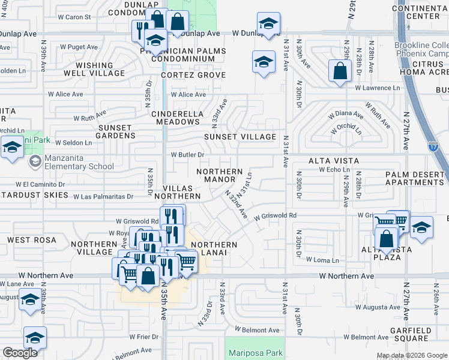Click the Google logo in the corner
click(x=20, y=353)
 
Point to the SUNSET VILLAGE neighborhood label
click(x=240, y=137)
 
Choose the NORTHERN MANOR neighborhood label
click(x=220, y=175)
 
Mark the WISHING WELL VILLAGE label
click(x=95, y=69)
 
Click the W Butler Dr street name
click(x=188, y=154)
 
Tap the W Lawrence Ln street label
click(x=376, y=88)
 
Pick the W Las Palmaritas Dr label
click(x=103, y=196)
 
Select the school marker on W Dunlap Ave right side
click(x=268, y=25)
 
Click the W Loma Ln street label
click(x=322, y=260)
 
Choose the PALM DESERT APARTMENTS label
click(x=417, y=178)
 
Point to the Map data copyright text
click(x=412, y=355)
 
